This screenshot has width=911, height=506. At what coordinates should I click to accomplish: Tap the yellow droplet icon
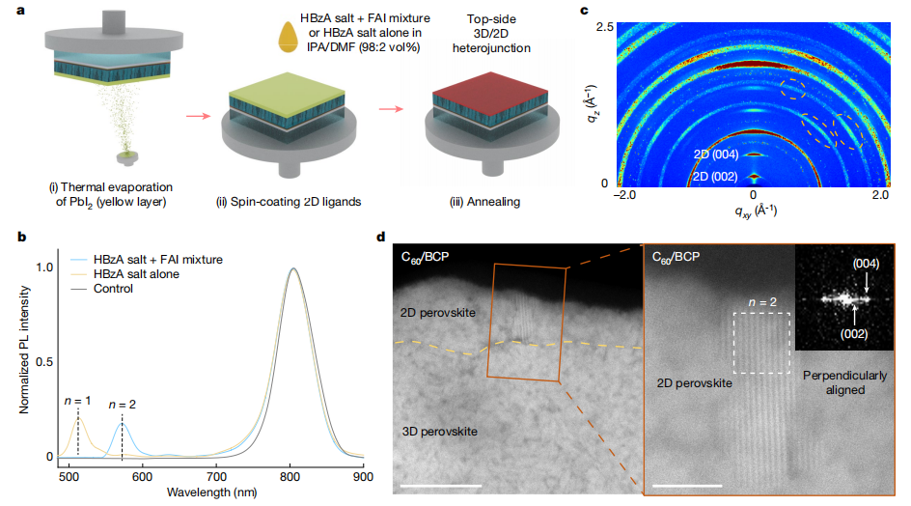pyautogui.click(x=287, y=37)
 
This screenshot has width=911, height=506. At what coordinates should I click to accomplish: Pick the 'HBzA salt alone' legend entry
pyautogui.click(x=137, y=275)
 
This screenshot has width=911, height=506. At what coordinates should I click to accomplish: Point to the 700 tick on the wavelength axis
pyautogui.click(x=217, y=476)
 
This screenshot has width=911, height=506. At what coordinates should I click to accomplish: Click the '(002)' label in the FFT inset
pyautogui.click(x=852, y=333)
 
